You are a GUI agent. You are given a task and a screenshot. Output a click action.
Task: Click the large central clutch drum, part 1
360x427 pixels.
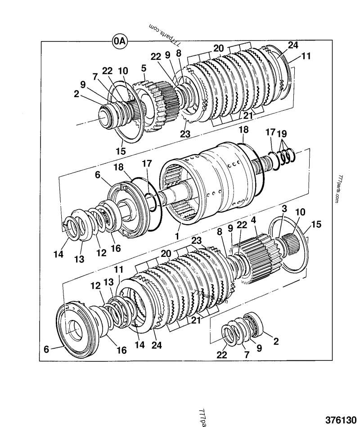211,180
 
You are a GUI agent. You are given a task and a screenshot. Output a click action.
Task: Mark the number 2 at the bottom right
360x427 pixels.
276,341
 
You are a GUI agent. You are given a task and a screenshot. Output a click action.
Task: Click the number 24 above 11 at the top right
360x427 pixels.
293,45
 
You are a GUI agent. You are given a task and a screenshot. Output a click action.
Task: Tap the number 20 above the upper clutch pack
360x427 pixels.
219,48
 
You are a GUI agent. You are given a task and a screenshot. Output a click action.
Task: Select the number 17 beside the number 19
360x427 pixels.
270,133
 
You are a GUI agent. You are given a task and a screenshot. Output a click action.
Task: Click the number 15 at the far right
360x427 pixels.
316,224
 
